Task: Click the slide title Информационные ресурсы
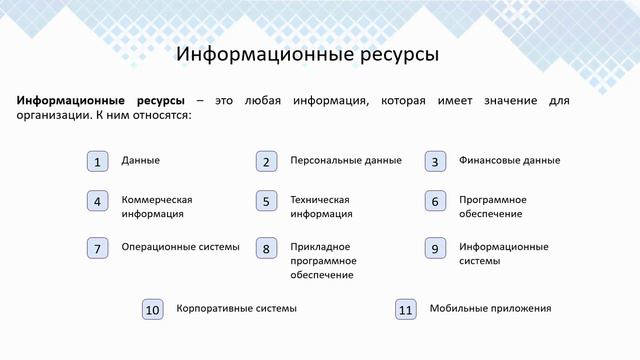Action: pos(307,54)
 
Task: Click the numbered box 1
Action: pos(96,161)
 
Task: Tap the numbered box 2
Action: pos(265,161)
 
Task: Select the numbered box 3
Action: pos(434,161)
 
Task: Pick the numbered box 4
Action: pos(96,201)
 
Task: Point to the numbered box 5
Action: pos(265,201)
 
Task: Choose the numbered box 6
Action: pos(434,201)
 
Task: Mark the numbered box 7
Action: pos(96,248)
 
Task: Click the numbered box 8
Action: pos(265,248)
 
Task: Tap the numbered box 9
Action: pos(434,248)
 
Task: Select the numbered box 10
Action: pos(152,310)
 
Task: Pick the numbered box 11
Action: pos(405,310)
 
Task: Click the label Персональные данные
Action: pos(346,160)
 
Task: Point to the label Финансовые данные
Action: pos(509,160)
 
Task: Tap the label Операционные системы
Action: pos(180,247)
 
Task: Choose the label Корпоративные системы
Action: pos(236,309)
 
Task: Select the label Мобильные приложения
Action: pos(490,309)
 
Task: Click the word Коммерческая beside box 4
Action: pos(157,199)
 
